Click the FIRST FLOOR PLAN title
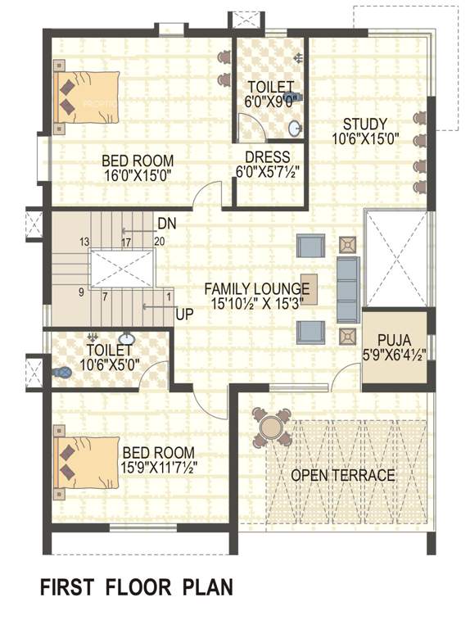tap(137, 587)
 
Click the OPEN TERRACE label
tap(343, 475)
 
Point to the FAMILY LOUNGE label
tap(256, 288)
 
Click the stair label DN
tap(166, 224)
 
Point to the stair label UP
tap(183, 314)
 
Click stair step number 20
tap(159, 242)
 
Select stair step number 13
tap(84, 242)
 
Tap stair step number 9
tap(81, 292)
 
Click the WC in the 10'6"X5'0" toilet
tap(62, 371)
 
